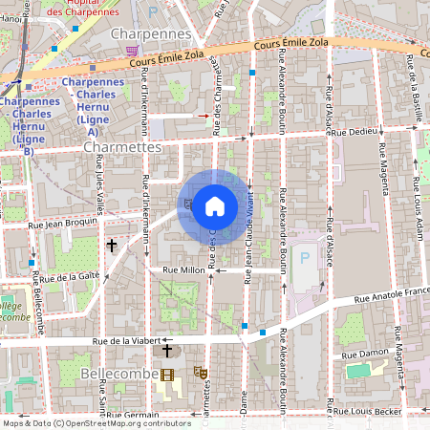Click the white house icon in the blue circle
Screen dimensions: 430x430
(x=215, y=206)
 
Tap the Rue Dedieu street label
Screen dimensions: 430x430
(x=355, y=131)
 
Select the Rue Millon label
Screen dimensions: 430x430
(x=184, y=270)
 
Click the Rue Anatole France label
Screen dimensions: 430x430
(x=392, y=297)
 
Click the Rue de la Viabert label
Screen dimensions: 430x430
(x=128, y=339)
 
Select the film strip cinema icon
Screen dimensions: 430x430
(x=168, y=375)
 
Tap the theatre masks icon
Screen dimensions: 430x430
(x=201, y=372)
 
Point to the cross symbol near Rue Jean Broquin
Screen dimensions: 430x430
(x=112, y=246)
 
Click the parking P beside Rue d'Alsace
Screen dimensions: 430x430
(x=306, y=257)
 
